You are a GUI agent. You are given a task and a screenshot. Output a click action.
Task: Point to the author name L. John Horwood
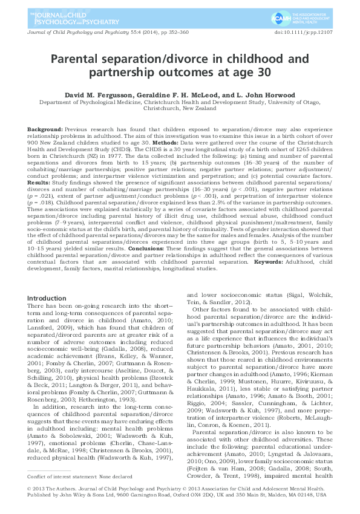coord(261,95)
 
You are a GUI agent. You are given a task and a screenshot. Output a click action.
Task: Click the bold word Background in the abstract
coord(45,131)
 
